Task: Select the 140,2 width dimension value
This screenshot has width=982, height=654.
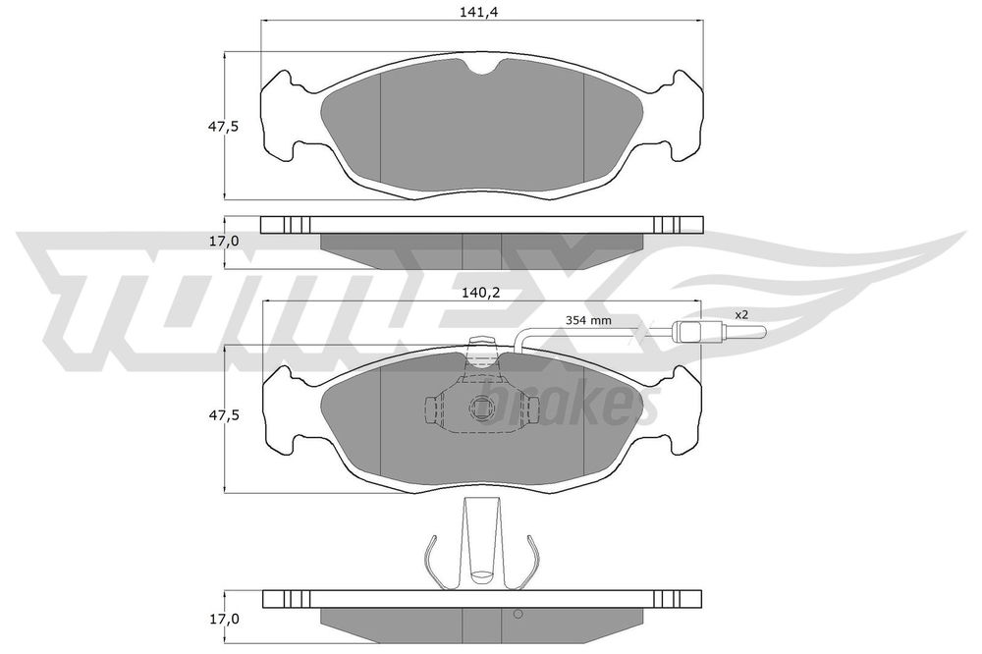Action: [480, 292]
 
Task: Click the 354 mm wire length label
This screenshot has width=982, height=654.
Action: [589, 320]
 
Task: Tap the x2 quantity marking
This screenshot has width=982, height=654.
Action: [741, 314]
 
